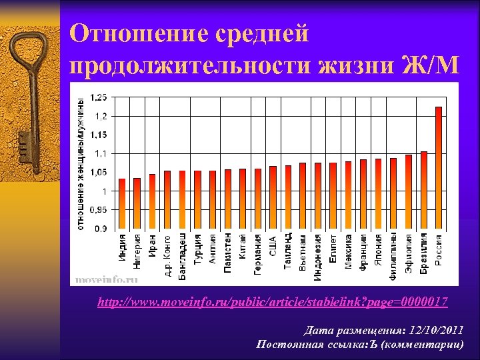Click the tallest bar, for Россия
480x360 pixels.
pos(438,167)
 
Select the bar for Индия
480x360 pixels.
pos(122,203)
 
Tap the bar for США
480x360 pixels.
pos(273,197)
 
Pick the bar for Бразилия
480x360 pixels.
pos(423,190)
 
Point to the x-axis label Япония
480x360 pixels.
pos(379,250)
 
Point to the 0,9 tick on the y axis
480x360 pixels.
pos(100,229)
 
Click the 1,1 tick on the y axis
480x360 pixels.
pos(100,153)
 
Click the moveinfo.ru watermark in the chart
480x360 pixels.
pos(107,279)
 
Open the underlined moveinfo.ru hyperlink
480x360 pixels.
pos(272,303)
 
